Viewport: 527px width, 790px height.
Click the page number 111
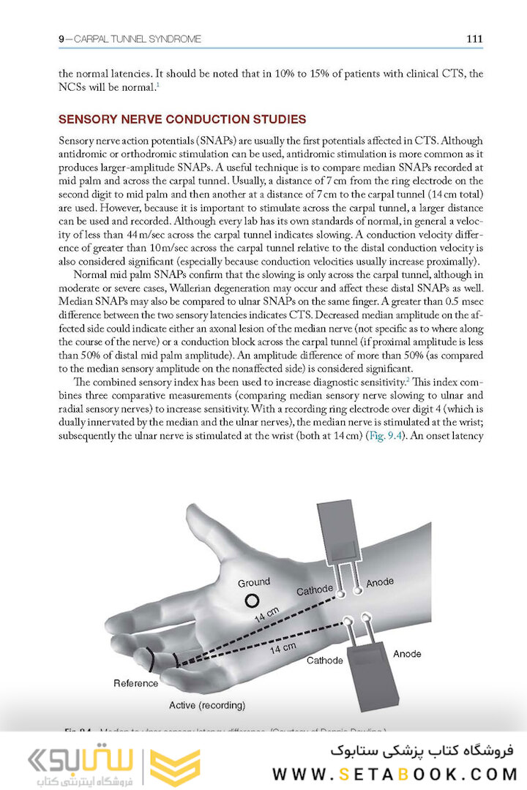tap(474, 39)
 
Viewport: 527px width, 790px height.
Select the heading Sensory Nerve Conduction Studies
tap(182, 119)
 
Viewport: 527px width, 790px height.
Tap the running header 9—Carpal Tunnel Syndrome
tap(130, 39)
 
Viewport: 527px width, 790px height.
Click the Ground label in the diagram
tap(253, 582)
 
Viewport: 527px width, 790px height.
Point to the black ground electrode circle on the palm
tap(252, 601)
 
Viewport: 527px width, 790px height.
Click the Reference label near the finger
tap(135, 683)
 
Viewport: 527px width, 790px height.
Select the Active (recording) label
tap(207, 705)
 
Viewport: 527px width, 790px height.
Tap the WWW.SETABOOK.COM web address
tap(395, 774)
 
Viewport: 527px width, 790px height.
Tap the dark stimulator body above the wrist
tap(339, 534)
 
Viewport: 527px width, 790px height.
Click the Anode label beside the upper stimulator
tap(380, 582)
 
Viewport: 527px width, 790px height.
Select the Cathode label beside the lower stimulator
tap(324, 661)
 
